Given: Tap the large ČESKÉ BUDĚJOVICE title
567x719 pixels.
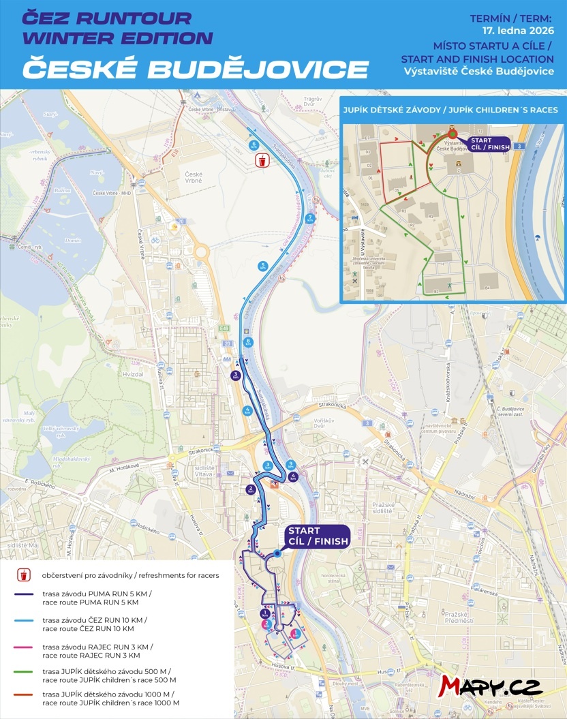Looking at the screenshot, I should pos(195,68).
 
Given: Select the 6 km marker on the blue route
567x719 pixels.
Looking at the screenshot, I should pos(254,145).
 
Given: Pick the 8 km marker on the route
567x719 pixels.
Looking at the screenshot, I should pos(247,341).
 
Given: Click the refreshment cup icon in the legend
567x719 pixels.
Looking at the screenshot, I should pos(24,575).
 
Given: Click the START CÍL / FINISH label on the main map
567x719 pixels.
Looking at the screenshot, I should pos(317,536).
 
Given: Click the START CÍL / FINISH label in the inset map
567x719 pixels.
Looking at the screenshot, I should pos(487,144).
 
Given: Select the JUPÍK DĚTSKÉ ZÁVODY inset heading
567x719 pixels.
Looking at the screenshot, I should pos(450,109).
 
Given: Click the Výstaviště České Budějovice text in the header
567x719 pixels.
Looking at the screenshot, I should pos(478,72).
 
